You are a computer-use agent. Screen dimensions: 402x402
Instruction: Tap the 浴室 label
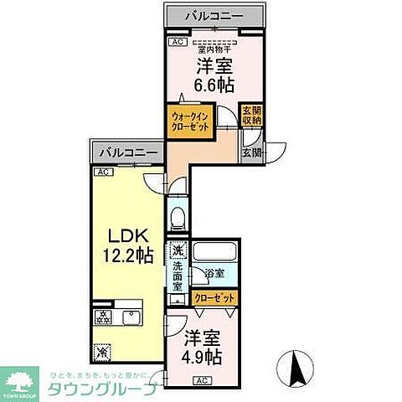tap(213, 273)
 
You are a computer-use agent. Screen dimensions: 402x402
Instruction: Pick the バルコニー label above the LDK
tap(126, 154)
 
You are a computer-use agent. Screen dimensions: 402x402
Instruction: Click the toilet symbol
tap(176, 219)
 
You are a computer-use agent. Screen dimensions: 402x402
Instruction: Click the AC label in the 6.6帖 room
tap(176, 42)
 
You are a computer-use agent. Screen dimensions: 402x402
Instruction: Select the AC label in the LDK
tap(103, 173)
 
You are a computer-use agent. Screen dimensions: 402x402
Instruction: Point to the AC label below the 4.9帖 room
tap(202, 380)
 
